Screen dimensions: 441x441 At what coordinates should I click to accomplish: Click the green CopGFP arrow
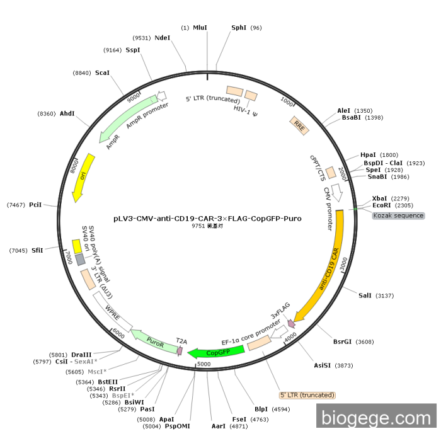click(x=217, y=352)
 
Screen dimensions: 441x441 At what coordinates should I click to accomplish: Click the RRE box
click(x=299, y=126)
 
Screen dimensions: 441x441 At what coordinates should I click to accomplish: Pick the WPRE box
click(x=113, y=312)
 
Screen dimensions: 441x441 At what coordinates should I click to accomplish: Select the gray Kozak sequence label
click(x=398, y=215)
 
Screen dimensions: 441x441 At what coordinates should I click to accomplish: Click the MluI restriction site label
click(x=200, y=28)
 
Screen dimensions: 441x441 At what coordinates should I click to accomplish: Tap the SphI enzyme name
click(x=239, y=28)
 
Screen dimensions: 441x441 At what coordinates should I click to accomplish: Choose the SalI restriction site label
click(x=365, y=295)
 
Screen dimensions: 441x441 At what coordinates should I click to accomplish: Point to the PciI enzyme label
click(x=35, y=205)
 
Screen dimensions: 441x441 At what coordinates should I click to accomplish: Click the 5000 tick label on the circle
click(x=203, y=364)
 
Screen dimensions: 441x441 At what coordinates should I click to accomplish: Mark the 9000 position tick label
click(x=134, y=97)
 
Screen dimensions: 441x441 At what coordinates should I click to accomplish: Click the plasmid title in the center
click(x=207, y=219)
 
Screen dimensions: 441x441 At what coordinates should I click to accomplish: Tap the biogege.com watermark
click(x=376, y=418)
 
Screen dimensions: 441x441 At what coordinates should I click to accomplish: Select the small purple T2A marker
click(x=180, y=350)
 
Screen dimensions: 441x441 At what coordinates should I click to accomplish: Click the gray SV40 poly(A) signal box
click(x=80, y=260)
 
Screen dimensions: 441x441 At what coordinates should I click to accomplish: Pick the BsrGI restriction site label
click(x=342, y=341)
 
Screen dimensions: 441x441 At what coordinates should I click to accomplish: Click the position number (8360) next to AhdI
click(x=47, y=113)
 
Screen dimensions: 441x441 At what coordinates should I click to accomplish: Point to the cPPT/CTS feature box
click(x=331, y=173)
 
